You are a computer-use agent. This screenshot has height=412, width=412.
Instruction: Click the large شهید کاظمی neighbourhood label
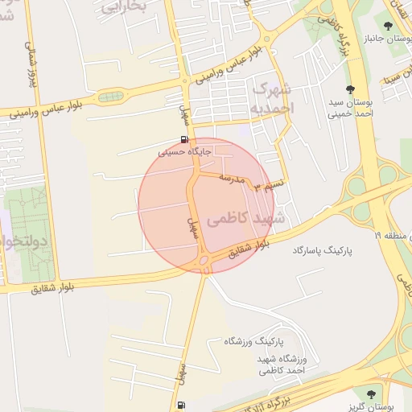click(246, 218)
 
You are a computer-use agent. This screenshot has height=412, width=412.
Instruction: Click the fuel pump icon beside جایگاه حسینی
click(185, 139)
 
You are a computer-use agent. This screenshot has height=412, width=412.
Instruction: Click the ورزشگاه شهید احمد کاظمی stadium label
click(279, 364)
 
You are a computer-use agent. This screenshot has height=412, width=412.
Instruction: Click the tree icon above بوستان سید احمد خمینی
click(349, 89)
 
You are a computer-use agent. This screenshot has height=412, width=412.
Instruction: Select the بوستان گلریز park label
click(370, 406)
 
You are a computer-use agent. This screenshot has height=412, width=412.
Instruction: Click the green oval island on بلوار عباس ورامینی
click(109, 97)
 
